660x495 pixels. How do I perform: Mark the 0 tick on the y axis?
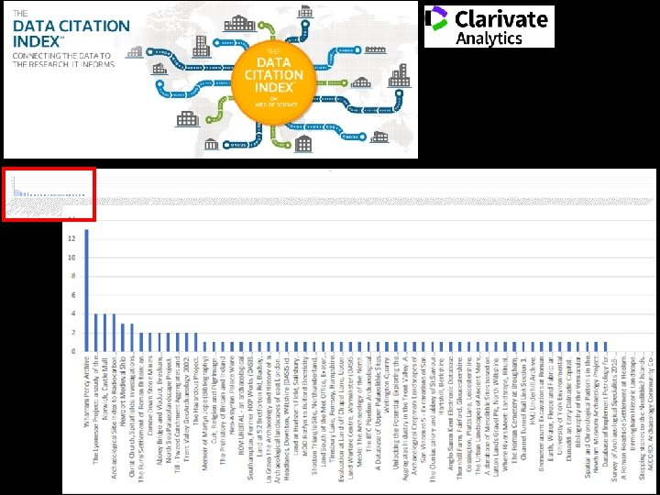(x=73, y=352)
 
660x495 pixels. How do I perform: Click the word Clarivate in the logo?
(x=500, y=18)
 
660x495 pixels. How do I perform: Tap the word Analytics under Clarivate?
(x=489, y=38)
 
